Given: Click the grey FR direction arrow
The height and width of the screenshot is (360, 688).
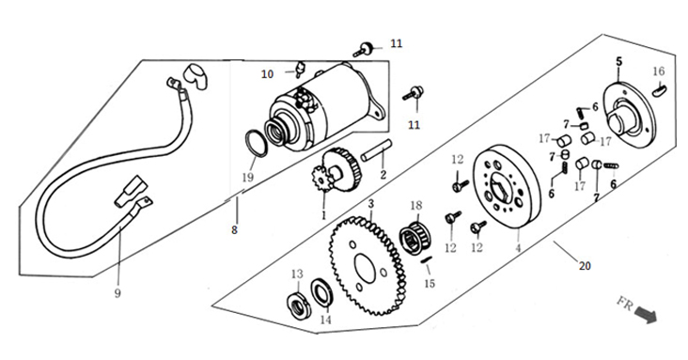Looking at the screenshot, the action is tap(646, 315).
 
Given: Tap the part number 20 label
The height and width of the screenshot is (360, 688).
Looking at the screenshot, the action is tap(585, 266).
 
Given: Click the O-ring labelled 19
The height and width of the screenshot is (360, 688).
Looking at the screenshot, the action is tap(255, 143).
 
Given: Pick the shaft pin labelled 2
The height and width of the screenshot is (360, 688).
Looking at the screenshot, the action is tap(377, 150).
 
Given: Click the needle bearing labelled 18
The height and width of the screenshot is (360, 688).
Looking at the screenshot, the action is tap(416, 239).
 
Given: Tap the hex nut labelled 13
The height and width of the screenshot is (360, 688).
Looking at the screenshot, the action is tap(298, 305).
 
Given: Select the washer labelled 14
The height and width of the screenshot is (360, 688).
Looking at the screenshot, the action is tap(322, 292).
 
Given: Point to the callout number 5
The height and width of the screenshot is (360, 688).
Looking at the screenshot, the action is tap(618, 61).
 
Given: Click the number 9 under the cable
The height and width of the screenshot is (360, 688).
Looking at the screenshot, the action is tap(117, 293).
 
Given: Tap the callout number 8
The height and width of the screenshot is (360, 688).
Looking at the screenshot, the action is tap(234, 229).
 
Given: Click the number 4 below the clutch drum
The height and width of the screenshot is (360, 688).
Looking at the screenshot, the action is tap(518, 248).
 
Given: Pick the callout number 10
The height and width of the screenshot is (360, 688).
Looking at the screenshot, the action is tap(268, 74).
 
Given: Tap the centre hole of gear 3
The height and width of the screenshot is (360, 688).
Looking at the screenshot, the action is tap(365, 268).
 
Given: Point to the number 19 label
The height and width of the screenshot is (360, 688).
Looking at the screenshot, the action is tap(248, 178).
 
